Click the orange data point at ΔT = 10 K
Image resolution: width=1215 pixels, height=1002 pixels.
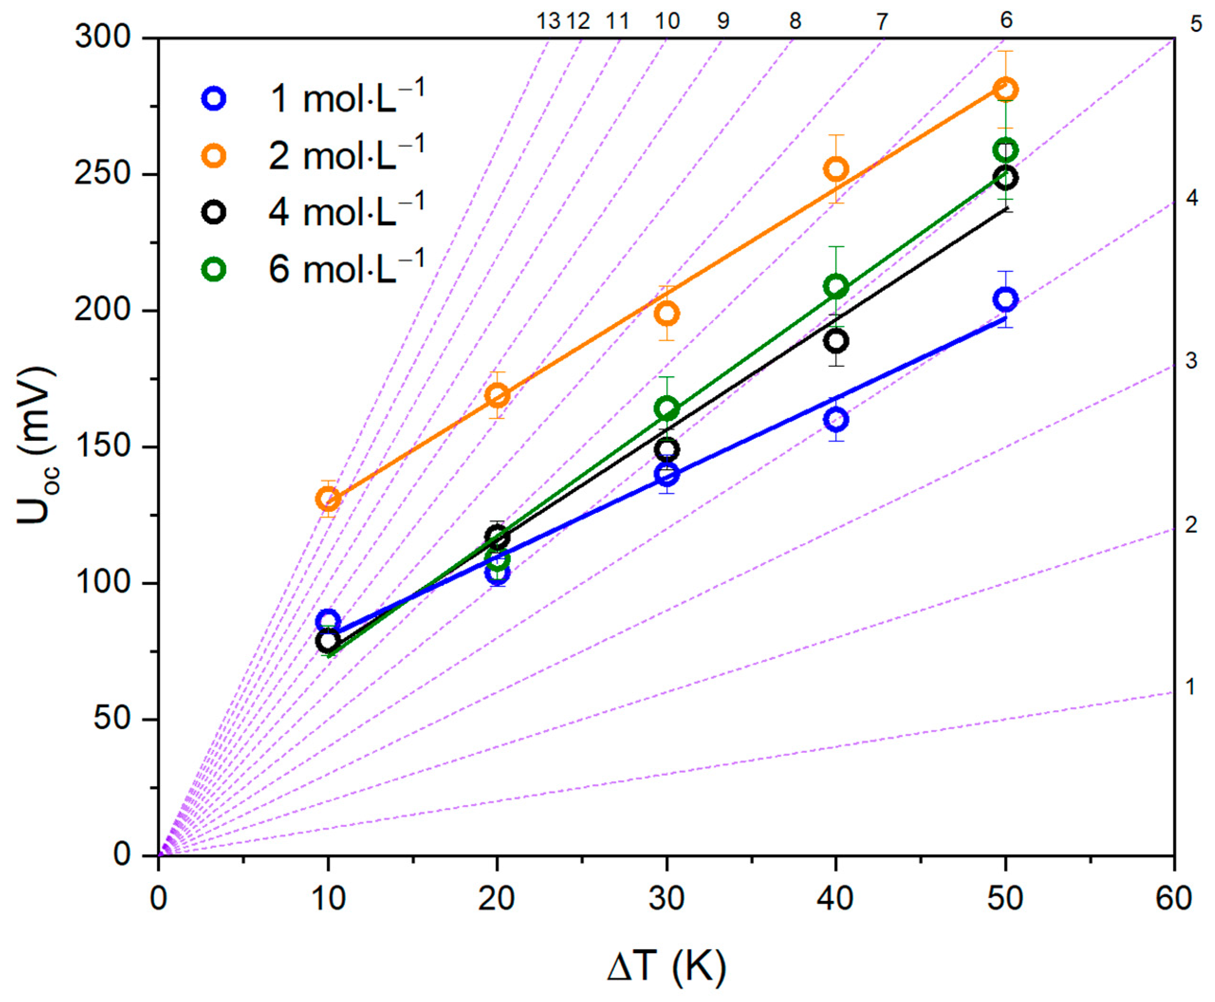click(x=328, y=499)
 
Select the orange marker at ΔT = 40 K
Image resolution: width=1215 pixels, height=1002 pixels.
click(x=836, y=169)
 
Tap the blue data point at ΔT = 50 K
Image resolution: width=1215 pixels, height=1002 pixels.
click(x=1005, y=299)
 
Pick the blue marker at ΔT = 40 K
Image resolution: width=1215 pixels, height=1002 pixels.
click(x=836, y=419)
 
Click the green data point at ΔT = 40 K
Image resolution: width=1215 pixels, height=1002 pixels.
click(x=836, y=286)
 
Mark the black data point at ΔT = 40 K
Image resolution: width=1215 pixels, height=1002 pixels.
click(x=836, y=341)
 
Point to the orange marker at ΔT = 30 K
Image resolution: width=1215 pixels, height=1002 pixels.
click(x=667, y=314)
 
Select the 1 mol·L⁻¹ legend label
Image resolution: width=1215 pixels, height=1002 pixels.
click(x=347, y=98)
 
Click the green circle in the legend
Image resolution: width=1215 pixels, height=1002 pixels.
click(x=213, y=269)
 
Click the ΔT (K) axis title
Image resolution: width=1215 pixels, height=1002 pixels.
click(x=667, y=965)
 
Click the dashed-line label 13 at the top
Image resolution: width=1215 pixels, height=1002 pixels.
click(x=548, y=22)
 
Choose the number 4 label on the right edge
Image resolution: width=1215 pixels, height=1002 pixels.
click(x=1191, y=198)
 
